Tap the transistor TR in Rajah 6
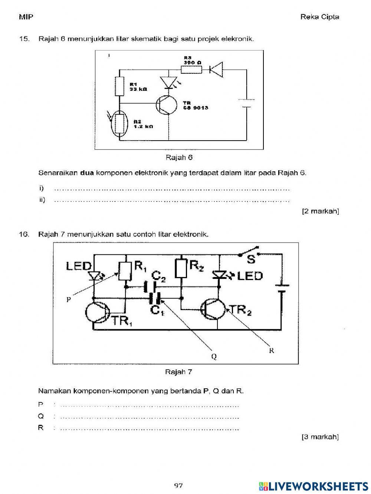tap(166, 105)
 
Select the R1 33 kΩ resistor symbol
tap(119, 86)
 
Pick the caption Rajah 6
tap(179, 157)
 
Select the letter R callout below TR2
tap(271, 350)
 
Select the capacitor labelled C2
tap(151, 286)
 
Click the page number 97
tap(179, 485)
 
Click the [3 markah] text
tap(320, 437)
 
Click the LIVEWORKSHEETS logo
tap(313, 485)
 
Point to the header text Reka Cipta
tap(319, 17)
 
